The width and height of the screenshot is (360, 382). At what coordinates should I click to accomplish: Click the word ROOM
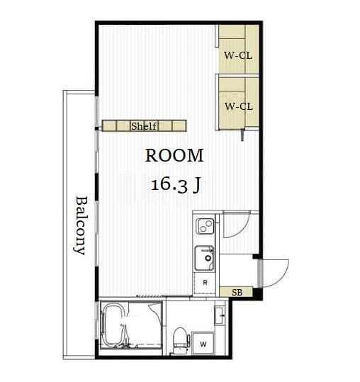point(174,155)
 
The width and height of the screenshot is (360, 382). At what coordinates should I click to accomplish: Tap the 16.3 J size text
point(176,185)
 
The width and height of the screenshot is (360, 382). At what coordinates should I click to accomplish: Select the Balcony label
point(80,225)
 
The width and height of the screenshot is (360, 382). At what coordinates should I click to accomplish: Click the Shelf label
point(144,126)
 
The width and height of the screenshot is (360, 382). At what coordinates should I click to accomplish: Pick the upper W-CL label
point(238,55)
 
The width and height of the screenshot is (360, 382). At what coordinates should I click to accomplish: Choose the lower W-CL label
point(239,106)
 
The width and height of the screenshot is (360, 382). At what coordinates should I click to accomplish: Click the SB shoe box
point(236,292)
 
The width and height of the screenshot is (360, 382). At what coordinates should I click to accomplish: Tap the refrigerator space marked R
point(205,283)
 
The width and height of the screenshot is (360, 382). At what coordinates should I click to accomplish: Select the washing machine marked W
point(203,344)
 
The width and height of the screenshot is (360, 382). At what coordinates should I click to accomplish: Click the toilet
point(181,340)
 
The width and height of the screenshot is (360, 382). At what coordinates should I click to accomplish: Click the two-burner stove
point(206,226)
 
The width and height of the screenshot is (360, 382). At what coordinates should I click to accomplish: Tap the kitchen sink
point(204,258)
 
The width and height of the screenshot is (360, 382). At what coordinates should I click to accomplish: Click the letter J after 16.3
point(197,185)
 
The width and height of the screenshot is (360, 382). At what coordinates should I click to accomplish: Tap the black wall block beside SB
point(257,294)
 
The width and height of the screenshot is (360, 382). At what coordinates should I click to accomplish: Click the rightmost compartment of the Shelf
point(179,126)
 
